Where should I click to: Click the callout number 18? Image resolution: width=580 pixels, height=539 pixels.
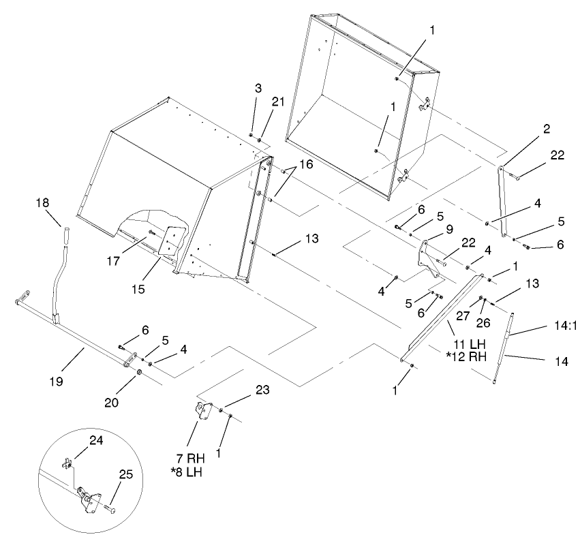(43, 203)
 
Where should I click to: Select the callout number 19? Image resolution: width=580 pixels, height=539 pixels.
(57, 382)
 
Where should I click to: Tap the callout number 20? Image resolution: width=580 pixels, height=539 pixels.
(111, 402)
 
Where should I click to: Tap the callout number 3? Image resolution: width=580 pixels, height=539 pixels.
(258, 89)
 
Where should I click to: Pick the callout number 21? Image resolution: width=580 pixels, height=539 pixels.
(277, 102)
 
